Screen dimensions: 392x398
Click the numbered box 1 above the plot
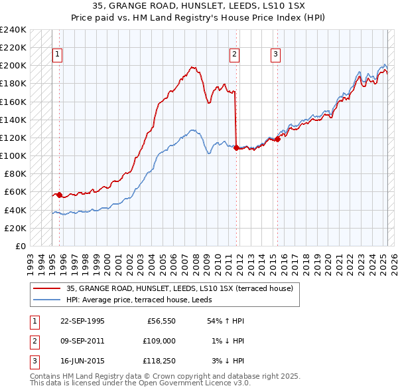tap(57, 55)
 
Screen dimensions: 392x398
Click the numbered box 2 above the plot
tap(235, 55)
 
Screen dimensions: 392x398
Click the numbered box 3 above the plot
tap(275, 55)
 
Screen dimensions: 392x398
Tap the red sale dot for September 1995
tap(60, 195)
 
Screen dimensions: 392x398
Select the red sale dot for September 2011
tap(236, 147)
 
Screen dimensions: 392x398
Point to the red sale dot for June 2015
tap(277, 139)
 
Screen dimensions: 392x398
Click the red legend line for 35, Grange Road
tap(46, 288)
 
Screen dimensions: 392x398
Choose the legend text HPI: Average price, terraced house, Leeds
tap(147, 300)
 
